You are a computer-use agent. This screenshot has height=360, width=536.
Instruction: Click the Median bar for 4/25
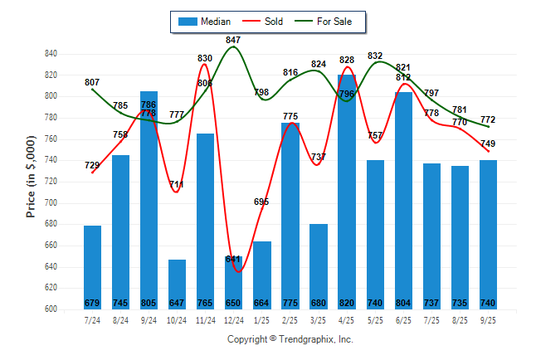click(347, 191)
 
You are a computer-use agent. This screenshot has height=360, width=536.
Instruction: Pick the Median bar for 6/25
click(403, 199)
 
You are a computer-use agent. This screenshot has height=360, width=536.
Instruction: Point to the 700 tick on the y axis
click(51, 202)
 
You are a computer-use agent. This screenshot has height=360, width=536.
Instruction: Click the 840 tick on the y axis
click(51, 54)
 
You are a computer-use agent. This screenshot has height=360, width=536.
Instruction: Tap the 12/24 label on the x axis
click(233, 319)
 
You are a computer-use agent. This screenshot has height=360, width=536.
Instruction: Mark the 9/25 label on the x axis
click(488, 319)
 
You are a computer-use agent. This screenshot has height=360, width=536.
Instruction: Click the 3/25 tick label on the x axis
click(318, 319)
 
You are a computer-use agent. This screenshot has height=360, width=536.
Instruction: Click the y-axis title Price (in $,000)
click(31, 179)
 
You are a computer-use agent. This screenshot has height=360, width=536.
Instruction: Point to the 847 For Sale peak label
click(233, 40)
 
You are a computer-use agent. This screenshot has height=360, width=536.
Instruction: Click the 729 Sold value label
click(92, 166)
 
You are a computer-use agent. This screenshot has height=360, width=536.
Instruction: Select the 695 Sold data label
click(262, 202)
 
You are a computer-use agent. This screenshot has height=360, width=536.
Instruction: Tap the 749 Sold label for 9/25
click(488, 144)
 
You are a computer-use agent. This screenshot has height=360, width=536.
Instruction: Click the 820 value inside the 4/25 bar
click(347, 302)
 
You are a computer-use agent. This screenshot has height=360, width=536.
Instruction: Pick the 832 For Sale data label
click(375, 56)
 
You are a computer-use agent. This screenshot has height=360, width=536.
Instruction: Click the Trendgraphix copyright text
click(290, 339)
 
